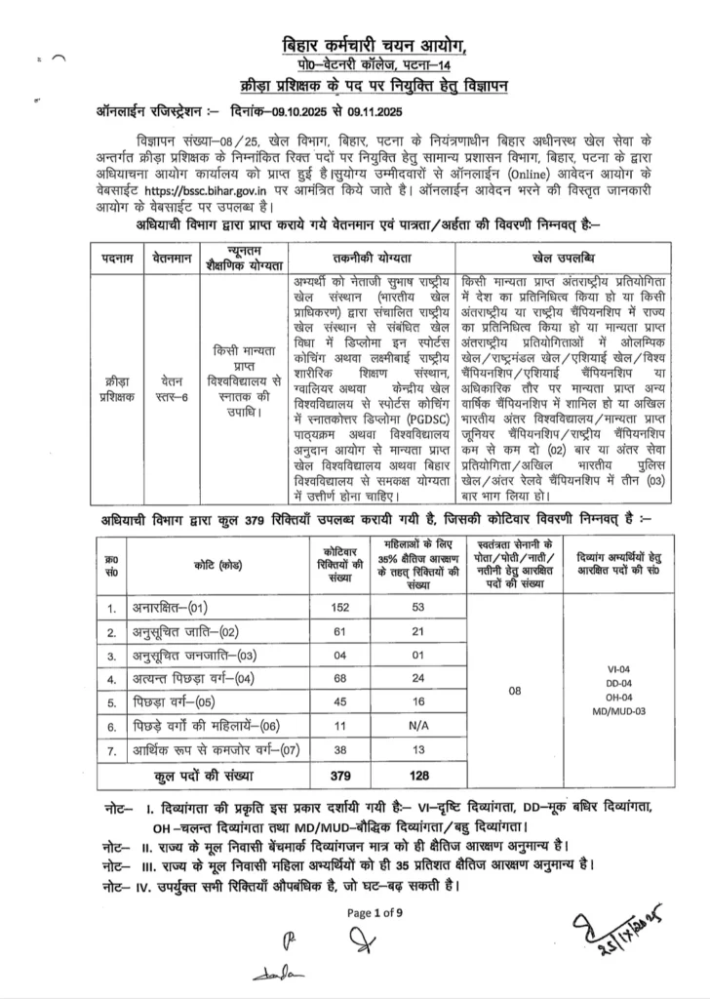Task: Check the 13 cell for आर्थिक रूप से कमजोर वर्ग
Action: (x=420, y=752)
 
